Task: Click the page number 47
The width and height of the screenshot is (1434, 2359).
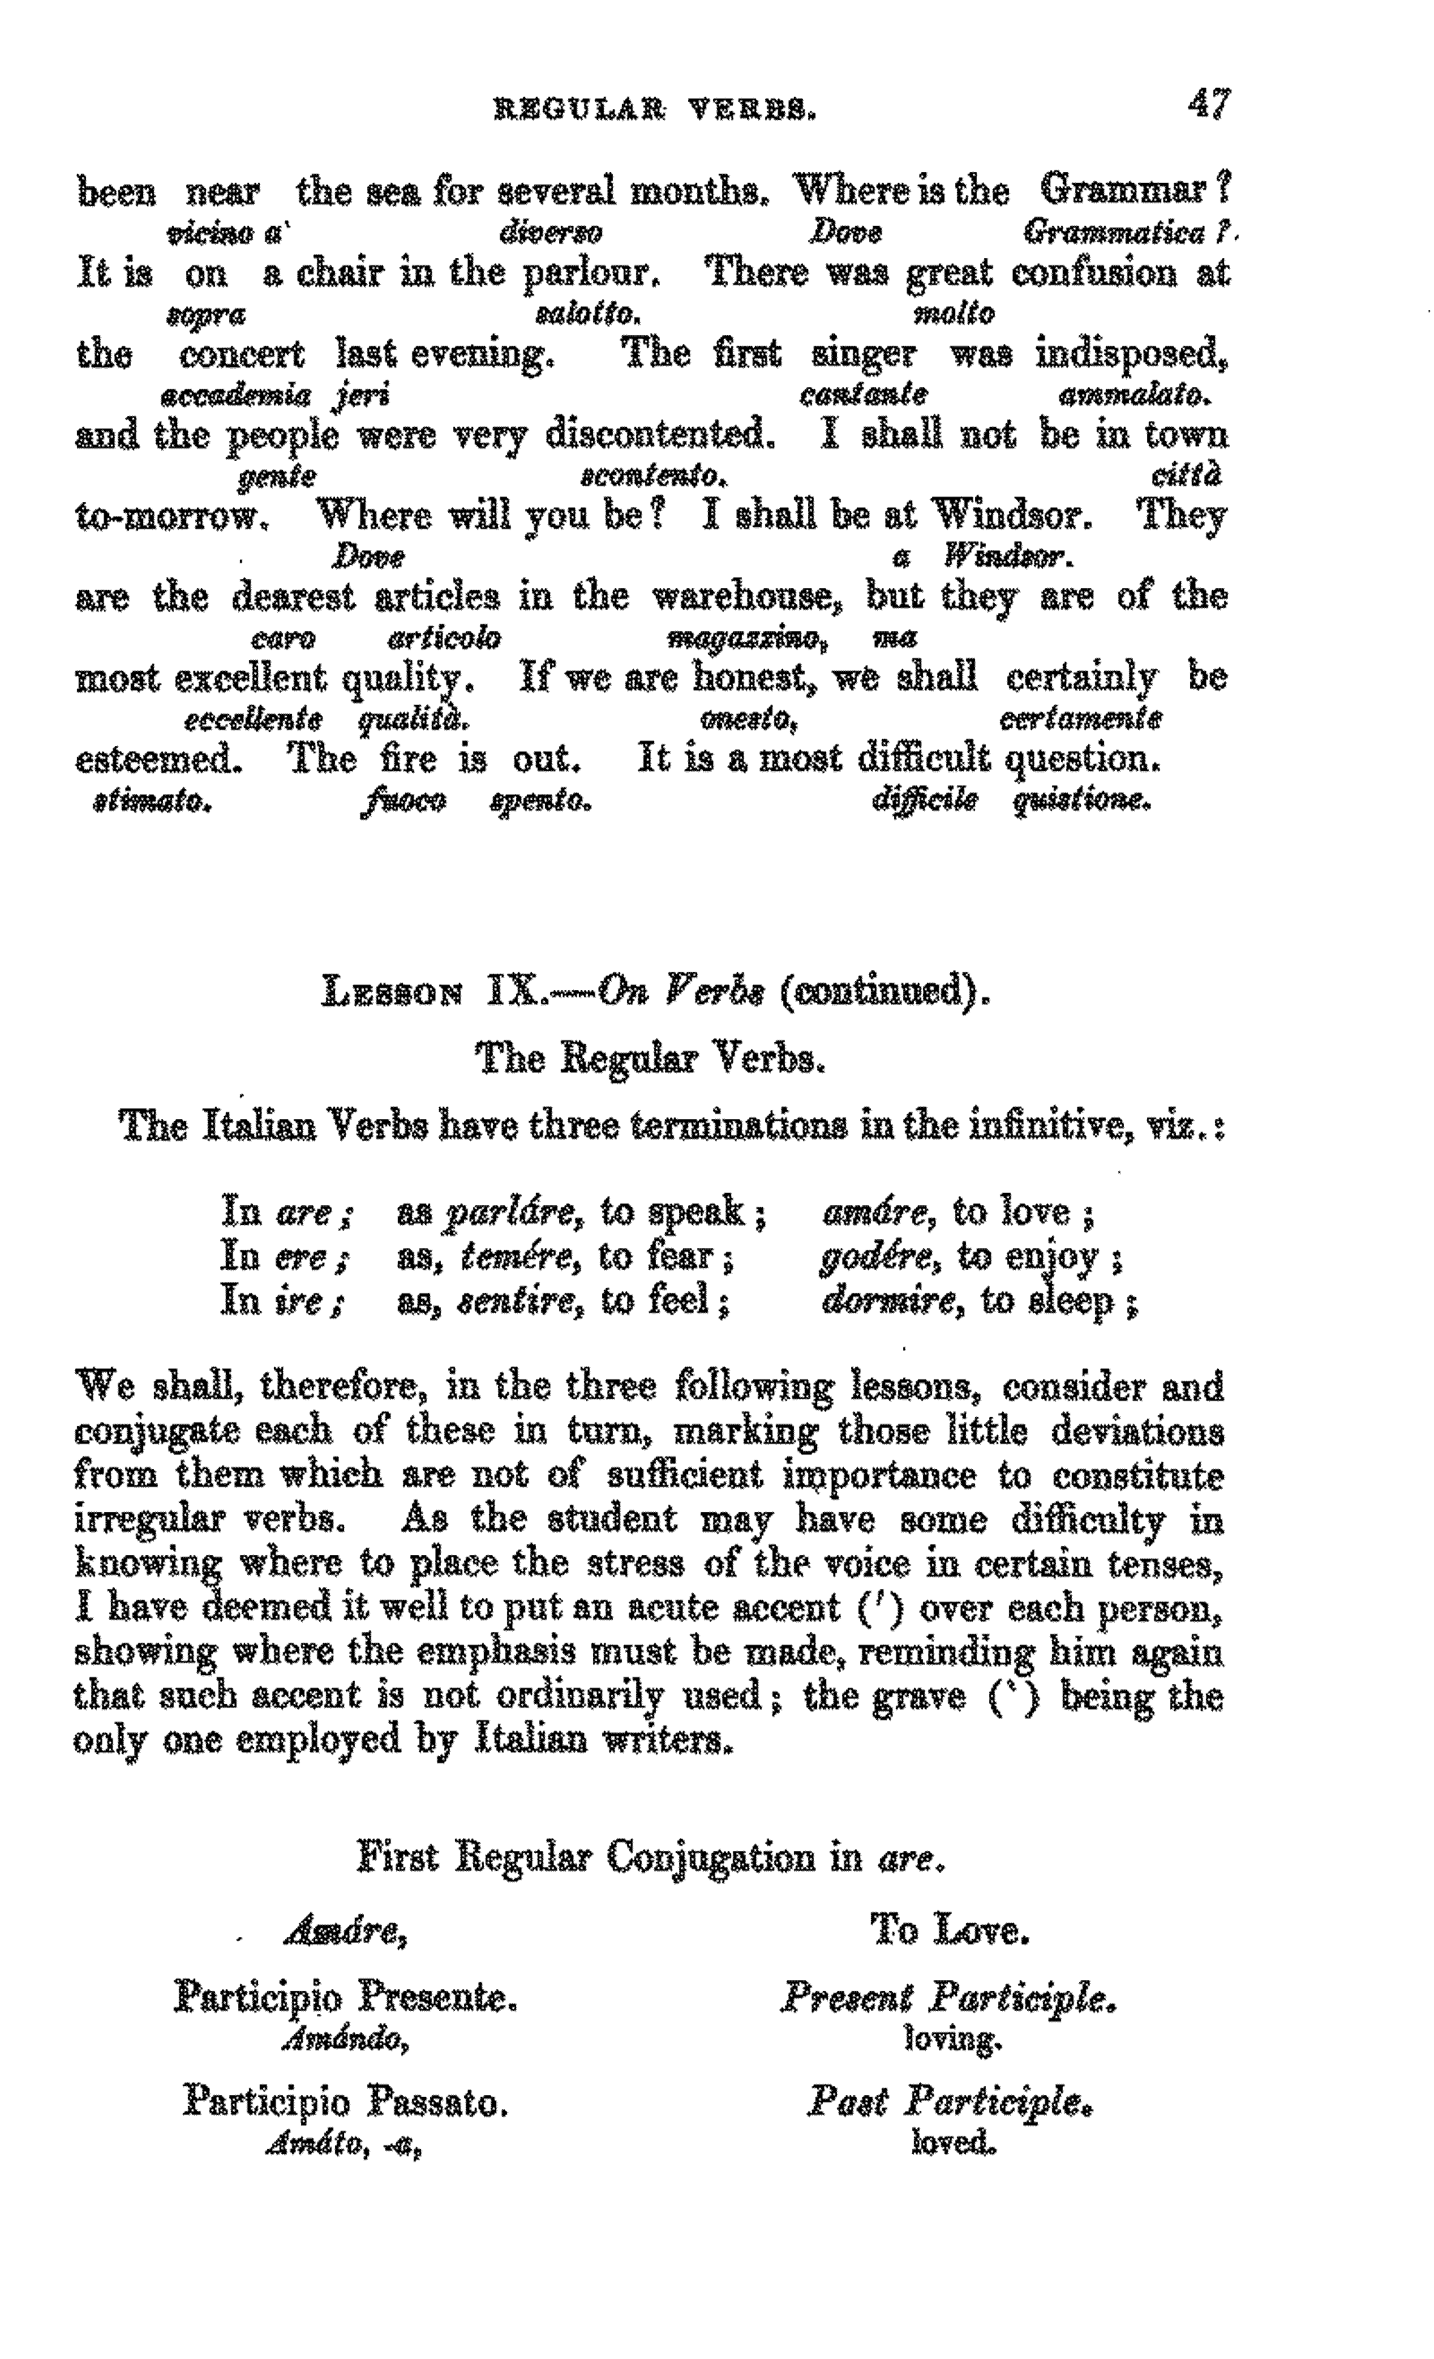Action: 1209,104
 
